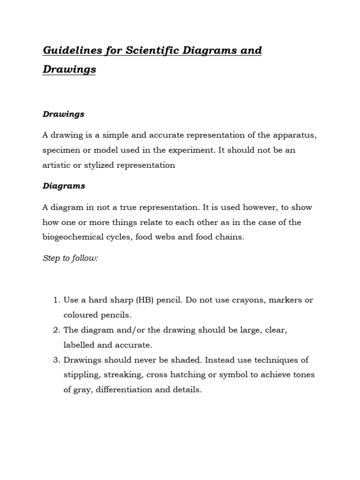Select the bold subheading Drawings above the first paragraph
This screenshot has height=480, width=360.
coord(63,114)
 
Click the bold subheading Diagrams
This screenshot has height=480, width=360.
coord(64,186)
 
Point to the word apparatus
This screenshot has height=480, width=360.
coord(290,135)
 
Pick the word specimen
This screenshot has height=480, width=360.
coord(61,150)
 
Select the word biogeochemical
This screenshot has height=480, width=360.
coord(75,237)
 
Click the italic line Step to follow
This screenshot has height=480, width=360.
coord(70,259)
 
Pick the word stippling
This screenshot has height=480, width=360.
coord(81,375)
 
